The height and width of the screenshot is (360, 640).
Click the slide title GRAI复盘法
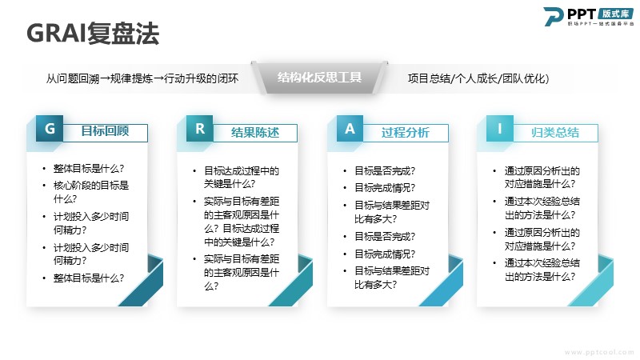tap(93, 33)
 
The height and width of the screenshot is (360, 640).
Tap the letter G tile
tap(50, 129)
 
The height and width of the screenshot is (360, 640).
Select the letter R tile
tap(199, 129)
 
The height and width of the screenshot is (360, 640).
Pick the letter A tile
tap(350, 129)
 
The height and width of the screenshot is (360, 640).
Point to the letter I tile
tap(499, 129)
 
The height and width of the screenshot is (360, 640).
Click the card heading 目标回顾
tap(105, 131)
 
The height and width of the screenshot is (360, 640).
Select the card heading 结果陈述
tap(255, 132)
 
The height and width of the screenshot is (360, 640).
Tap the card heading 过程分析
tap(406, 132)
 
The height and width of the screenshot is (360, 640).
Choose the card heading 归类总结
tap(555, 132)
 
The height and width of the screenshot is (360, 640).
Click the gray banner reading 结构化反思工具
tap(319, 78)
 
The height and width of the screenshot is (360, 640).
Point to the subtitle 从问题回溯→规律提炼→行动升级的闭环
tap(142, 78)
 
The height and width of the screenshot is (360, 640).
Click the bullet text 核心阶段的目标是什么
tap(91, 192)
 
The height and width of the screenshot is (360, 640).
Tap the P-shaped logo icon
tap(553, 16)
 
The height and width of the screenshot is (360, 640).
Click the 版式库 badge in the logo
tap(616, 14)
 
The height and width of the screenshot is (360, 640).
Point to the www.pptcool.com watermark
tap(599, 352)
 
